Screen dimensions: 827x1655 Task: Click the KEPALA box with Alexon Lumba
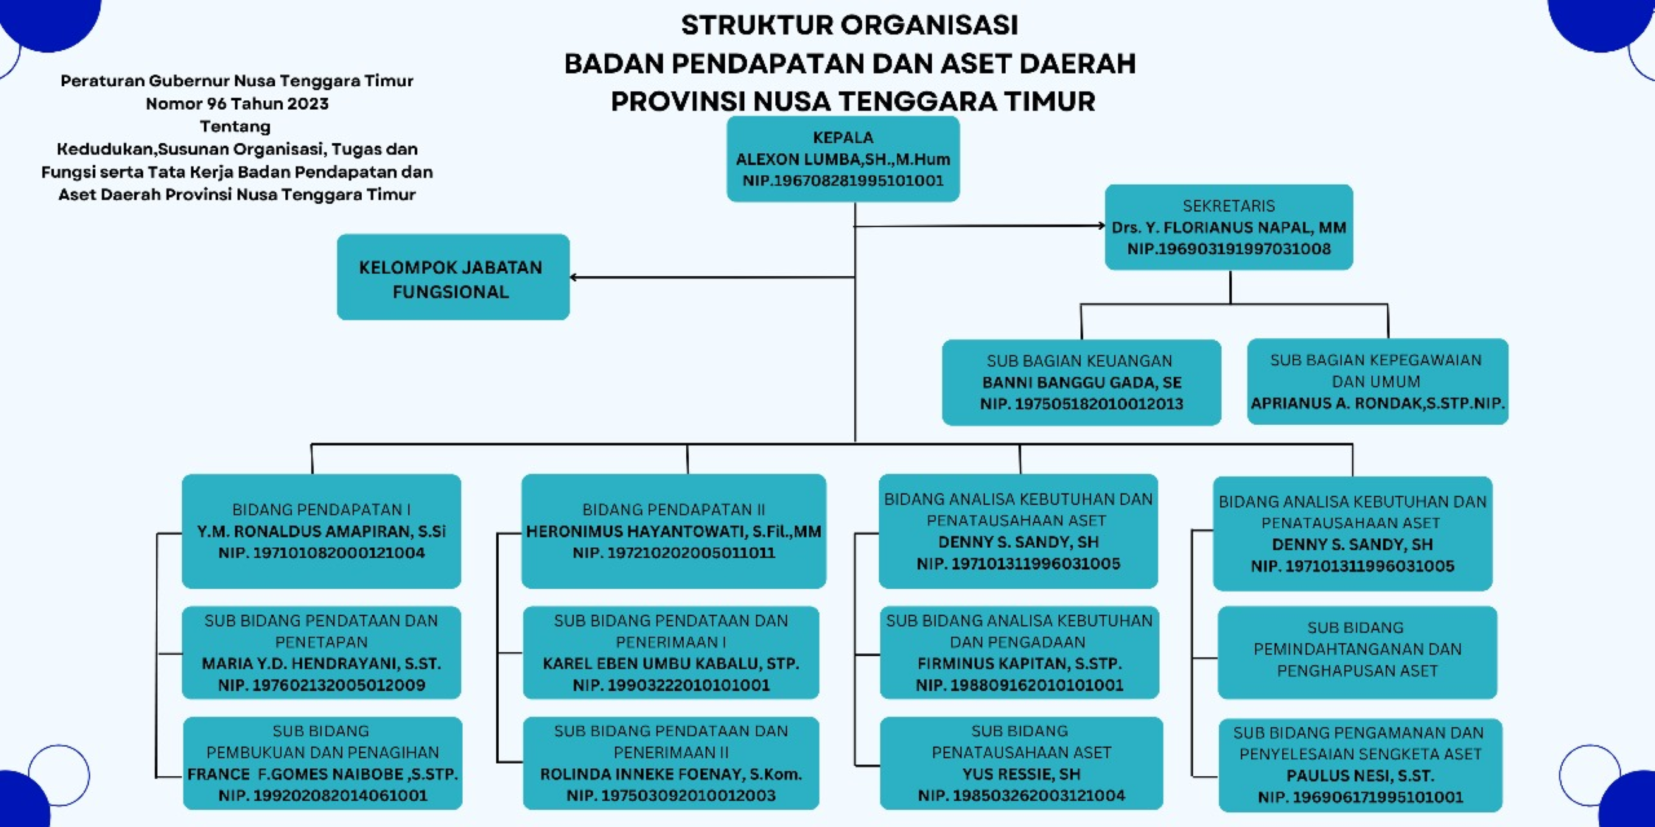point(843,159)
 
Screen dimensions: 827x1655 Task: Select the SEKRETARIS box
point(1228,227)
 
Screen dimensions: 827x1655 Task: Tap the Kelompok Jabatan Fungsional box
point(452,278)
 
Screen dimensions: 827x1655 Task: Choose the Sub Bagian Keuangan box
point(1081,382)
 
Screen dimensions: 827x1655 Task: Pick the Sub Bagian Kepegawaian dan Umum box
point(1376,381)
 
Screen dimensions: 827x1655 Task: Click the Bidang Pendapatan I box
point(321,531)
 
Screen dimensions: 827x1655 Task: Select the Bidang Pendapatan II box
point(673,531)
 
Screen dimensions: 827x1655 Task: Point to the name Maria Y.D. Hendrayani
point(321,664)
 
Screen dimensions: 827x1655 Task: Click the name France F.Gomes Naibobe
point(322,774)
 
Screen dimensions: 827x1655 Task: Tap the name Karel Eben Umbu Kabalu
point(671,664)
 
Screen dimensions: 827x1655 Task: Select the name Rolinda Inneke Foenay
point(671,774)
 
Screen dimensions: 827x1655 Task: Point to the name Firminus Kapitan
point(1019,664)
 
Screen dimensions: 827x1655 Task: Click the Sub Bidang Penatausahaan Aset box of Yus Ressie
point(1021,763)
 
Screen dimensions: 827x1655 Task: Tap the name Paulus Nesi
point(1360,775)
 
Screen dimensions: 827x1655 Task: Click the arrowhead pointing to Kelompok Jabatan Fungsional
point(574,278)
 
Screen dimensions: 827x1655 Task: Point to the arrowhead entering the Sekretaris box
point(1101,226)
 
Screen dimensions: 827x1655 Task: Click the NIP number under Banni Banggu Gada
point(1081,404)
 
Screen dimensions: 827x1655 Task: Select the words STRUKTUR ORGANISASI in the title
point(849,25)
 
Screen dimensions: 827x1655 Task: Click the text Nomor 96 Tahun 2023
point(237,103)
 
